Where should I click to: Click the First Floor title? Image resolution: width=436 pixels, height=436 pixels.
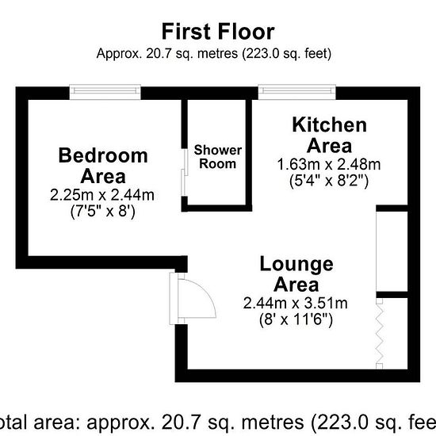coord(218,32)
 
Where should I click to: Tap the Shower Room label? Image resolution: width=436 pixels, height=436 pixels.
coord(218,157)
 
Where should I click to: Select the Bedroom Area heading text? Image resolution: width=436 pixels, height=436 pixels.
coord(103,166)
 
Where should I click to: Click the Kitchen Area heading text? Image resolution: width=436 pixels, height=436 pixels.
coord(330,135)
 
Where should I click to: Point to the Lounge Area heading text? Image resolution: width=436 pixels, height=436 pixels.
coord(296,274)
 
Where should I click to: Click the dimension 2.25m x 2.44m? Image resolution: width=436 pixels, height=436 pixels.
coord(102,195)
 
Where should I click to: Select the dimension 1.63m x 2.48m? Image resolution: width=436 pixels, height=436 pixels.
coord(329,164)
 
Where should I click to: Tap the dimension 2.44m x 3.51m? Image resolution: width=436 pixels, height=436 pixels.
coord(296,303)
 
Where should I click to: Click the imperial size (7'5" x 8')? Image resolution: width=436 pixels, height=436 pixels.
coord(102,212)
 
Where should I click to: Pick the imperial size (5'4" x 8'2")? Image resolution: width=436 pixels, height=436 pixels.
coord(329,181)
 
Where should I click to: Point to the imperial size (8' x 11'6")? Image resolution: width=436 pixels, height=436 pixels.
coord(296,319)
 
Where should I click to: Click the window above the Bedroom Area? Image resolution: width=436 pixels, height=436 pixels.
coord(105,92)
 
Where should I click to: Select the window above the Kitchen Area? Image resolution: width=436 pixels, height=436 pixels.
coord(297,92)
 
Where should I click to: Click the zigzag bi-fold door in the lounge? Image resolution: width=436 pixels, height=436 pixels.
coord(380,334)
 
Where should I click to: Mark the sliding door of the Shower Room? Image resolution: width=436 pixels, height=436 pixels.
coord(184,172)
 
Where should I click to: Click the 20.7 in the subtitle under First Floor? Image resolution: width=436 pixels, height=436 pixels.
coord(158,53)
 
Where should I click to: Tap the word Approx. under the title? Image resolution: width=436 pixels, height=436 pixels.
coord(119,54)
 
